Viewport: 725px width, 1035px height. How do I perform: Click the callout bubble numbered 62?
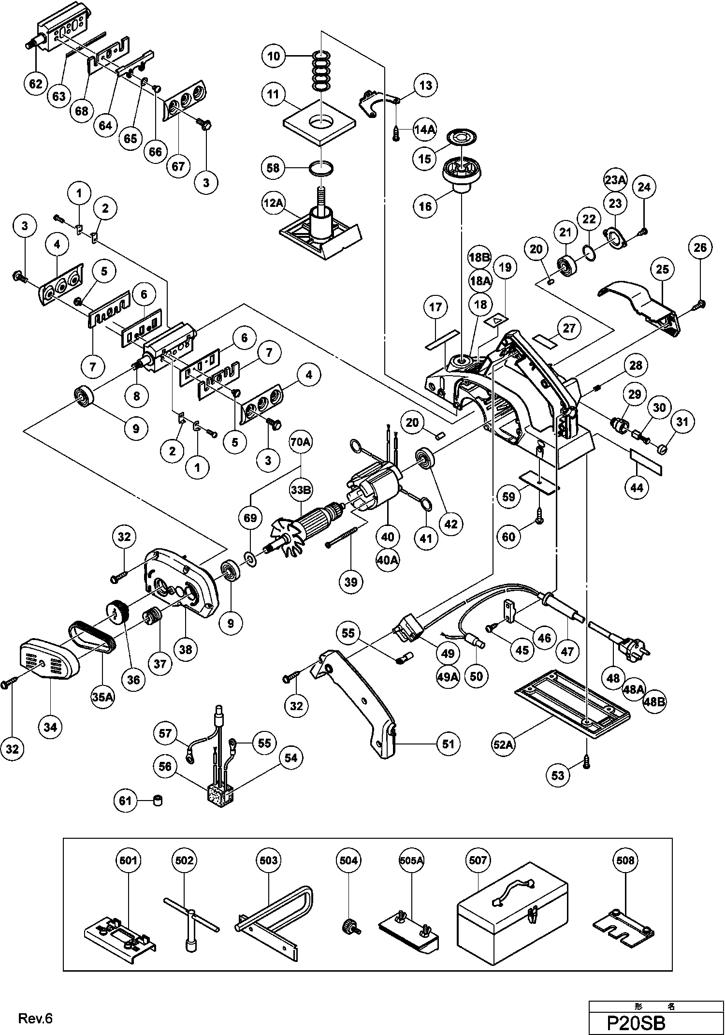(x=36, y=84)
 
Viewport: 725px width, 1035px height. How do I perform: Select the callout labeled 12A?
(x=273, y=203)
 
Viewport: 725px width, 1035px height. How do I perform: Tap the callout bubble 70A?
(x=301, y=442)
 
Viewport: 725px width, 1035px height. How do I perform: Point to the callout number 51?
(x=448, y=743)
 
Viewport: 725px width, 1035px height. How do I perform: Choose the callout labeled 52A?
(x=503, y=744)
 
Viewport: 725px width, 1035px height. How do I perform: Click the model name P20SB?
(x=636, y=1023)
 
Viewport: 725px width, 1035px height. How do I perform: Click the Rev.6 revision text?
(x=35, y=1019)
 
